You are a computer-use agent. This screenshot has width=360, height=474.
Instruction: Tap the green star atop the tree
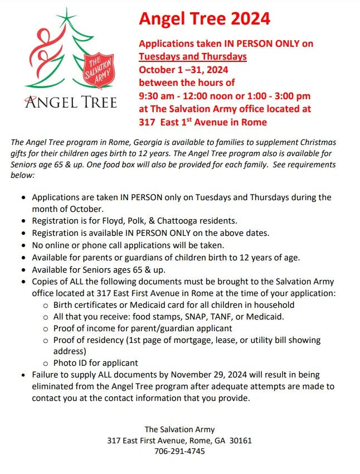point(68,17)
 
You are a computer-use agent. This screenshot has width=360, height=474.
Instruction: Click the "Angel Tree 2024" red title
point(205,18)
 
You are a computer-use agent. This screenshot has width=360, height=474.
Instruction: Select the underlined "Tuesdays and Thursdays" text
point(192,56)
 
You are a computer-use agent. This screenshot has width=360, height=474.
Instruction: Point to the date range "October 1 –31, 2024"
point(183,70)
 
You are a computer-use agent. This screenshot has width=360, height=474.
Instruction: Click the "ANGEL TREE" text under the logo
point(70,103)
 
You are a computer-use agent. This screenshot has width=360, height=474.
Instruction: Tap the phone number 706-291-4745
point(179,451)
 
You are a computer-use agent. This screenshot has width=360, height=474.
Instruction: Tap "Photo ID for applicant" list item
point(95,363)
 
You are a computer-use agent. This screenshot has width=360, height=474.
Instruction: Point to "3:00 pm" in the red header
point(293,96)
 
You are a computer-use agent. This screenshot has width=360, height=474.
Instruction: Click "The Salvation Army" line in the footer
point(179,429)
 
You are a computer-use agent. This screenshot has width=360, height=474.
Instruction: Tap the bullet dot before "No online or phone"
point(22,245)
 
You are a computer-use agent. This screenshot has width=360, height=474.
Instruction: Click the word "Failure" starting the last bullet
point(46,375)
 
